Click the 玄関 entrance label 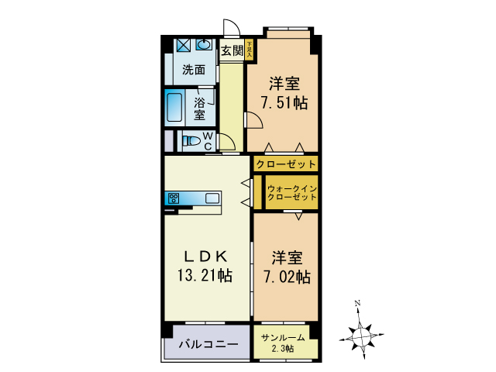click(x=232, y=52)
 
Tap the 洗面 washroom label click(x=194, y=70)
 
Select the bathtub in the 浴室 click(x=175, y=108)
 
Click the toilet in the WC click(x=190, y=141)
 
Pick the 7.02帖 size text click(x=286, y=276)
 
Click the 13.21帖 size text click(x=206, y=274)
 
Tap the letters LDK click(x=205, y=255)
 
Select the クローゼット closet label click(x=286, y=164)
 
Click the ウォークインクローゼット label click(x=291, y=193)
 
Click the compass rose click(x=361, y=335)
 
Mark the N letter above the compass click(x=356, y=303)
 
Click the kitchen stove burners click(x=173, y=198)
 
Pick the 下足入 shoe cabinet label click(x=250, y=50)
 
